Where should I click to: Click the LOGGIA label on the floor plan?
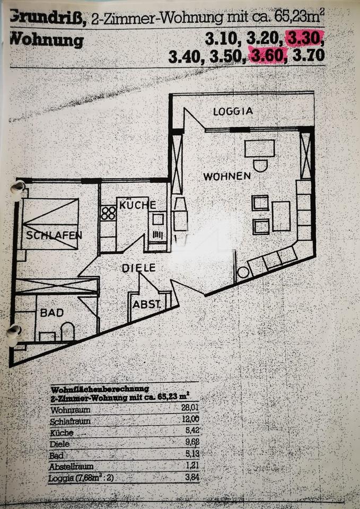point(233,111)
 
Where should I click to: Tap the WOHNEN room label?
point(226,176)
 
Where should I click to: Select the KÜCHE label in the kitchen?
point(137,205)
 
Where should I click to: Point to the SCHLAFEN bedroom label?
point(54,235)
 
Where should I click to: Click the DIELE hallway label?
point(139,268)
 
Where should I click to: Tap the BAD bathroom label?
point(51,313)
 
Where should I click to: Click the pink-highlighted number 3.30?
point(303,39)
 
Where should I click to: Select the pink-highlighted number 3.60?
point(268,56)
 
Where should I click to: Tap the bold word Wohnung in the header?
point(47,40)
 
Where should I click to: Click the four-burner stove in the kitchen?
point(109,213)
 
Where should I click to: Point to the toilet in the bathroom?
point(67,332)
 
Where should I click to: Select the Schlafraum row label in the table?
point(69,421)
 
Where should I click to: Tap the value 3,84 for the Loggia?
point(189,479)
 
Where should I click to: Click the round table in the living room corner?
point(243,273)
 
